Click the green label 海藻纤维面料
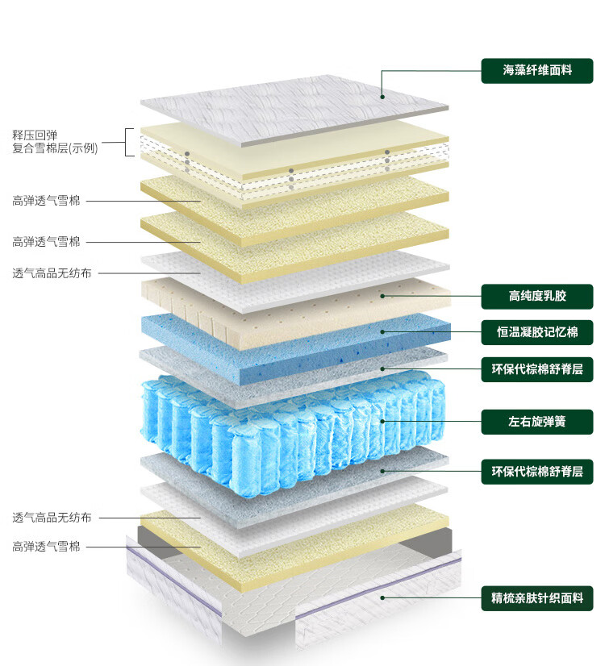click(x=537, y=70)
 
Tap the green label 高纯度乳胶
click(x=537, y=296)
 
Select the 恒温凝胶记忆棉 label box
click(x=537, y=332)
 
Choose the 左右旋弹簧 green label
click(x=537, y=421)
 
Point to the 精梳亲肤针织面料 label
click(x=537, y=598)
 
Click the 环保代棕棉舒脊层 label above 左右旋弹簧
click(x=537, y=369)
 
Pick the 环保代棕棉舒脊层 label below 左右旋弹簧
click(x=537, y=471)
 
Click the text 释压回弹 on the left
click(x=35, y=135)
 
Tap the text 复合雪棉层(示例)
click(x=55, y=148)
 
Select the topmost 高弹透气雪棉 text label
click(x=46, y=201)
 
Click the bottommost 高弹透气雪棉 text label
click(x=46, y=547)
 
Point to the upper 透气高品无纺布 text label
click(x=52, y=273)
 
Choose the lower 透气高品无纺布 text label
click(x=52, y=517)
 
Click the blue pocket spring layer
click(x=290, y=423)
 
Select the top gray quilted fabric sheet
click(x=290, y=109)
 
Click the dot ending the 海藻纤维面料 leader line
click(x=382, y=97)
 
